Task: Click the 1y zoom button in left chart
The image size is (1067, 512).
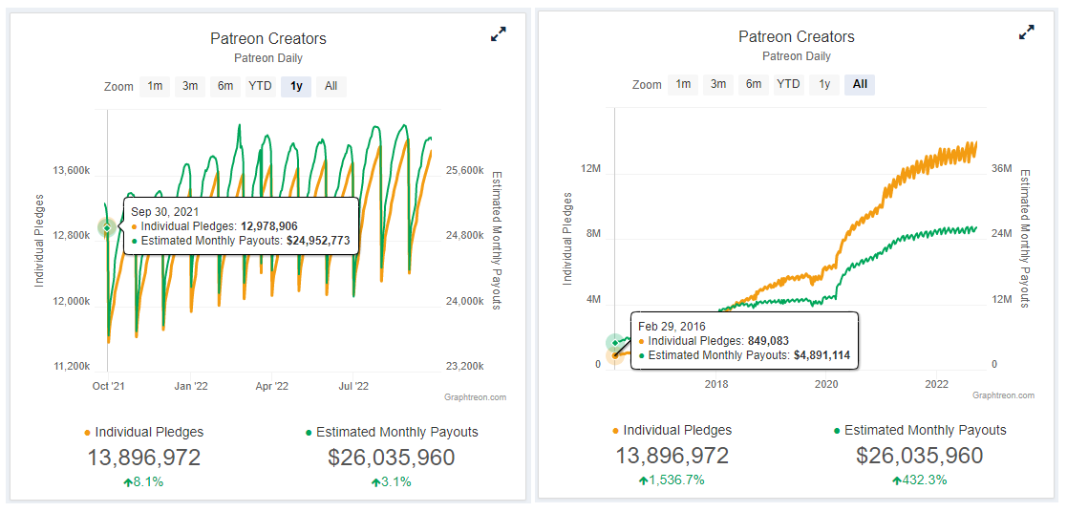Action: point(296,86)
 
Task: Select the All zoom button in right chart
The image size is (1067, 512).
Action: point(860,84)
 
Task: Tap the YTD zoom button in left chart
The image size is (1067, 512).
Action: point(260,86)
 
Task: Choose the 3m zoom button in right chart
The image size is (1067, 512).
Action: point(718,84)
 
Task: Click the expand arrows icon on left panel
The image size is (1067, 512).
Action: point(499,34)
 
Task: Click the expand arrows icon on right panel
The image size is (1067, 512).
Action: point(1027,32)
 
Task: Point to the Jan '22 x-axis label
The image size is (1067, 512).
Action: point(190,387)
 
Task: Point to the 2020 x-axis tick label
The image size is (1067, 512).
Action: point(826,384)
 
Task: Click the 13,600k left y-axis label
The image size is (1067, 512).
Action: point(72,171)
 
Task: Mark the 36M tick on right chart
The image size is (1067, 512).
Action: point(1001,169)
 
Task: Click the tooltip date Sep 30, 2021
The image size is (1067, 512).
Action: point(165,211)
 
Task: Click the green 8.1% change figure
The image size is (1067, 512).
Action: point(143,481)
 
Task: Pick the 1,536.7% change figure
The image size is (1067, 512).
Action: point(672,480)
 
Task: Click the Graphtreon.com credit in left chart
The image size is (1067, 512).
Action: point(475,397)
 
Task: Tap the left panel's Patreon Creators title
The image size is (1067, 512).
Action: point(268,39)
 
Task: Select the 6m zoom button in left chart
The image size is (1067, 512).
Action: point(225,86)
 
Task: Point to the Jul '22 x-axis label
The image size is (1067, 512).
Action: point(354,387)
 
